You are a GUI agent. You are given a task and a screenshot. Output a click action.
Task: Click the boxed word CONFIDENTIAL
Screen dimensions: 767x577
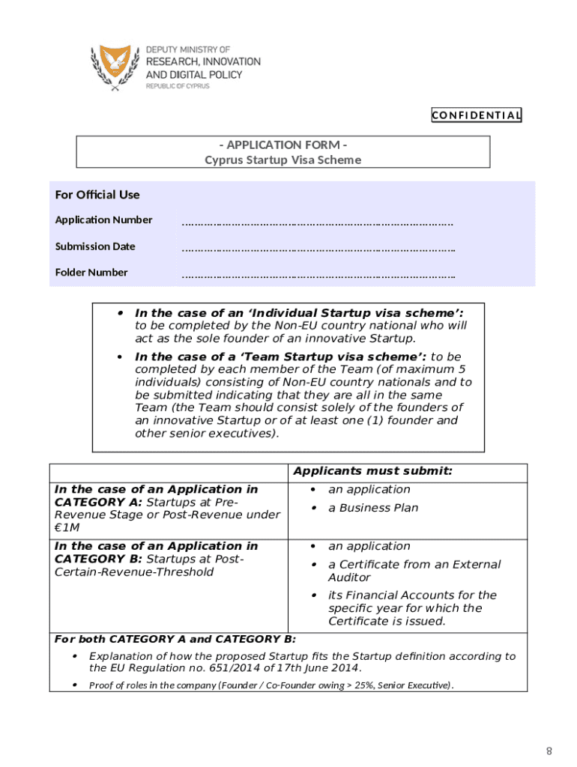476,115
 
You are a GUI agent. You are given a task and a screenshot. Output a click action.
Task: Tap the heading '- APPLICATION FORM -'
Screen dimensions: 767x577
283,145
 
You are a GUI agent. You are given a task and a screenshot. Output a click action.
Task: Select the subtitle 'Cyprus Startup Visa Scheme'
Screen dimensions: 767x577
283,160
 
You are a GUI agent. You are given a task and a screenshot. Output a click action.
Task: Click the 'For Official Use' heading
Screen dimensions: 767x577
97,195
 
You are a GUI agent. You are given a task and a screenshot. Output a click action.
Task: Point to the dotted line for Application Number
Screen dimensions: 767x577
318,222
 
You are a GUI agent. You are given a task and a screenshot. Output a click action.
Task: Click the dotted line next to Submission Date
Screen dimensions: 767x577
318,249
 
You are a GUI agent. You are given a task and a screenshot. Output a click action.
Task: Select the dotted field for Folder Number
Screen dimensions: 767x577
318,275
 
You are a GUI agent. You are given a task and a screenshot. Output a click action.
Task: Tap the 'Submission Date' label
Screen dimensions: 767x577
95,246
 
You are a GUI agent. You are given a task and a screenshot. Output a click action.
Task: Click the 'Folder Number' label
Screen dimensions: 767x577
91,273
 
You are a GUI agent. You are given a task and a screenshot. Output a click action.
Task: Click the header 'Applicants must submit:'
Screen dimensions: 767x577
372,471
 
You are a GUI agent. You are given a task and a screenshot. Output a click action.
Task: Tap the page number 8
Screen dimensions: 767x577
549,751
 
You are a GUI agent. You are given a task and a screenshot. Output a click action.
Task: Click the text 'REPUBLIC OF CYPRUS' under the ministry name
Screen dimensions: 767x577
177,86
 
